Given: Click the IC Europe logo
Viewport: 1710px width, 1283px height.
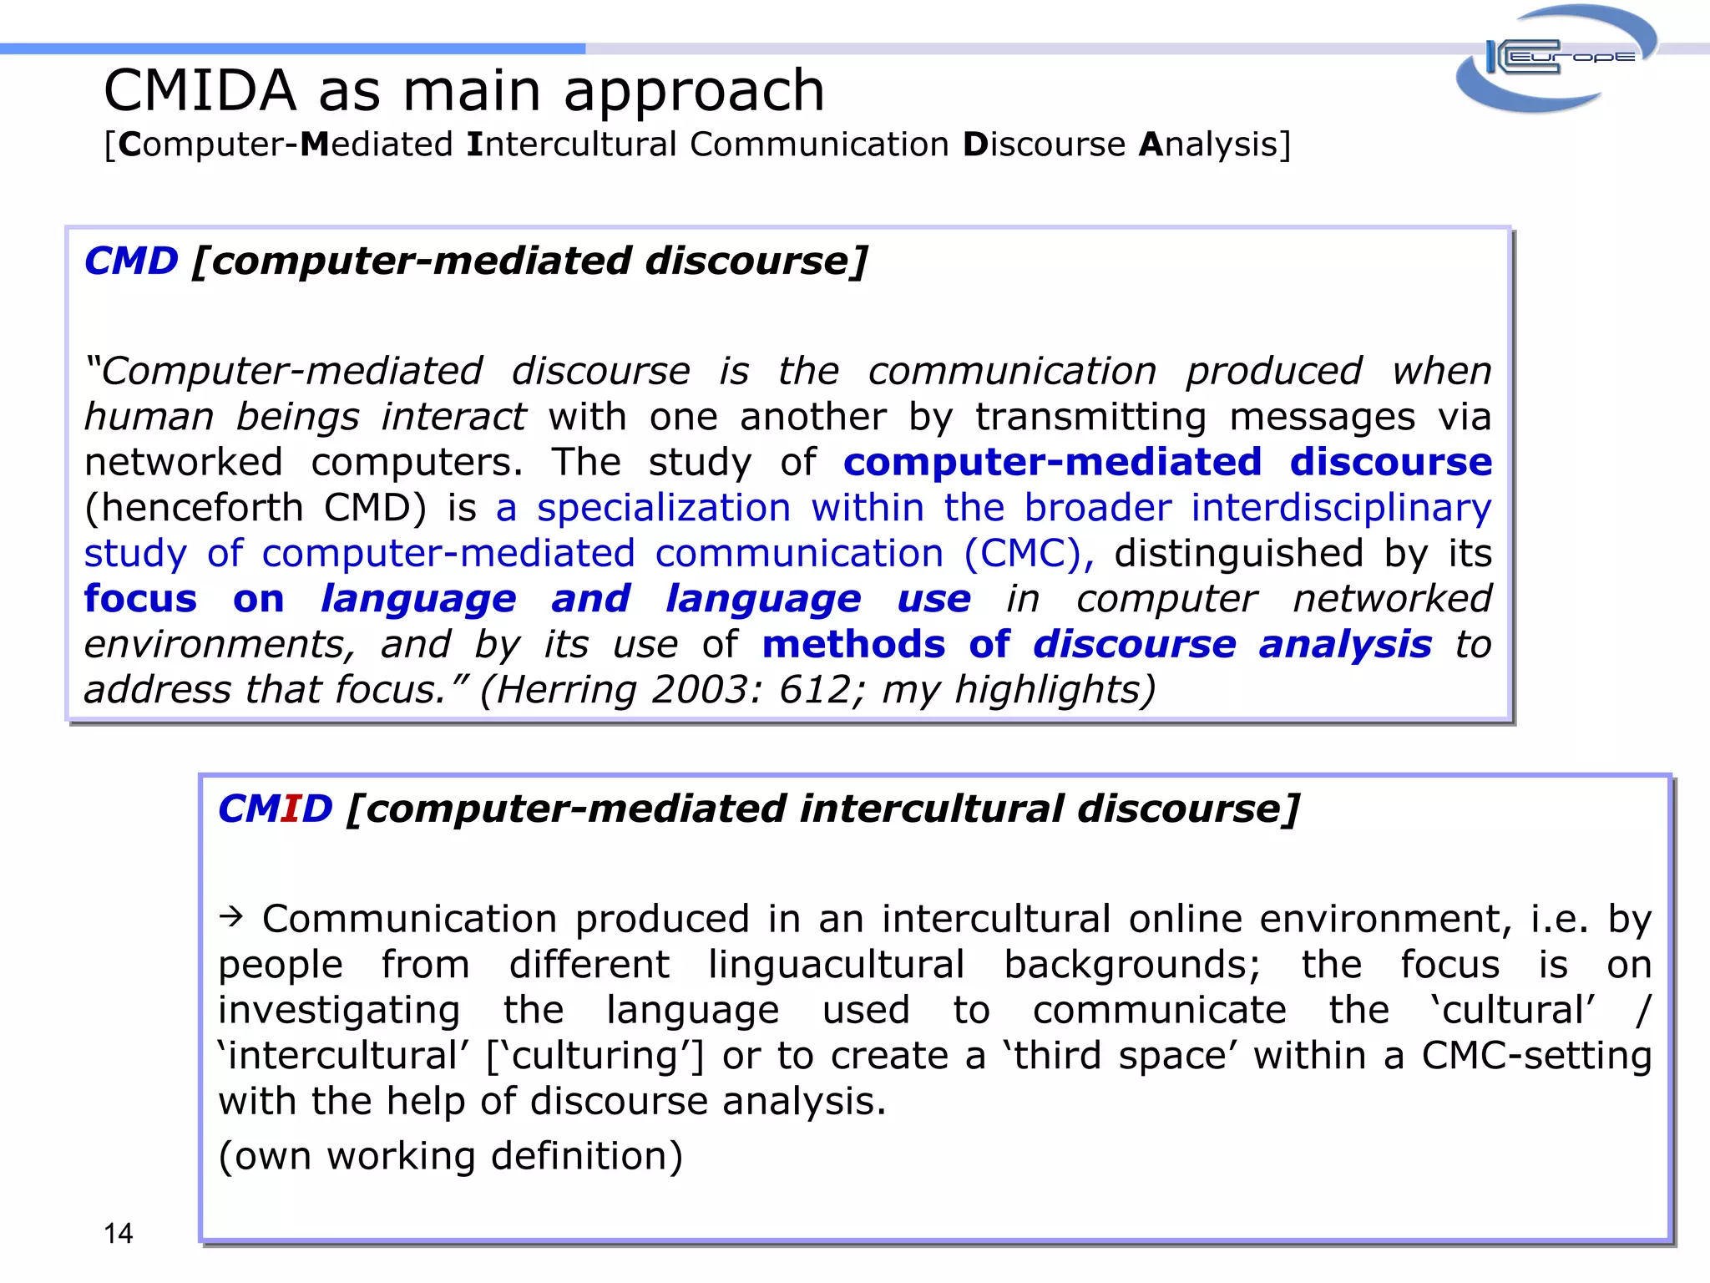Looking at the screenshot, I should [1555, 58].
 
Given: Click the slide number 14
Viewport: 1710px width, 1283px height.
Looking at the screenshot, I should [118, 1233].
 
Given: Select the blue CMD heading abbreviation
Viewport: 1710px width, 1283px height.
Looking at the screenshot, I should [131, 261].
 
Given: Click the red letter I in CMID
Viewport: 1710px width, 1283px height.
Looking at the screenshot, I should [290, 809].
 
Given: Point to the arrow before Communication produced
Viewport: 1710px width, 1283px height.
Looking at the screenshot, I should [230, 917].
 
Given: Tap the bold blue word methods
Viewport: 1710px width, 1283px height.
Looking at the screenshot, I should [853, 644].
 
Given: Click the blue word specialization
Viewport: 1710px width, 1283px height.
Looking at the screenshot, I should [664, 508].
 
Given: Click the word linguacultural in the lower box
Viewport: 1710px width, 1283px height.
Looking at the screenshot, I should [836, 965].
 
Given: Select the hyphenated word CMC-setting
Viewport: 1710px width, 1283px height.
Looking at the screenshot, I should [1536, 1056].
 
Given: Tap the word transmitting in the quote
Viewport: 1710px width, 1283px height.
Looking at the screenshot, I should [1090, 417].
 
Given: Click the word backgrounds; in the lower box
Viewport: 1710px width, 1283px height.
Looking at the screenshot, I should [1131, 965].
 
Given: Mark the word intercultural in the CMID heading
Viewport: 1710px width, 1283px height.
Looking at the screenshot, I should [931, 809].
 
